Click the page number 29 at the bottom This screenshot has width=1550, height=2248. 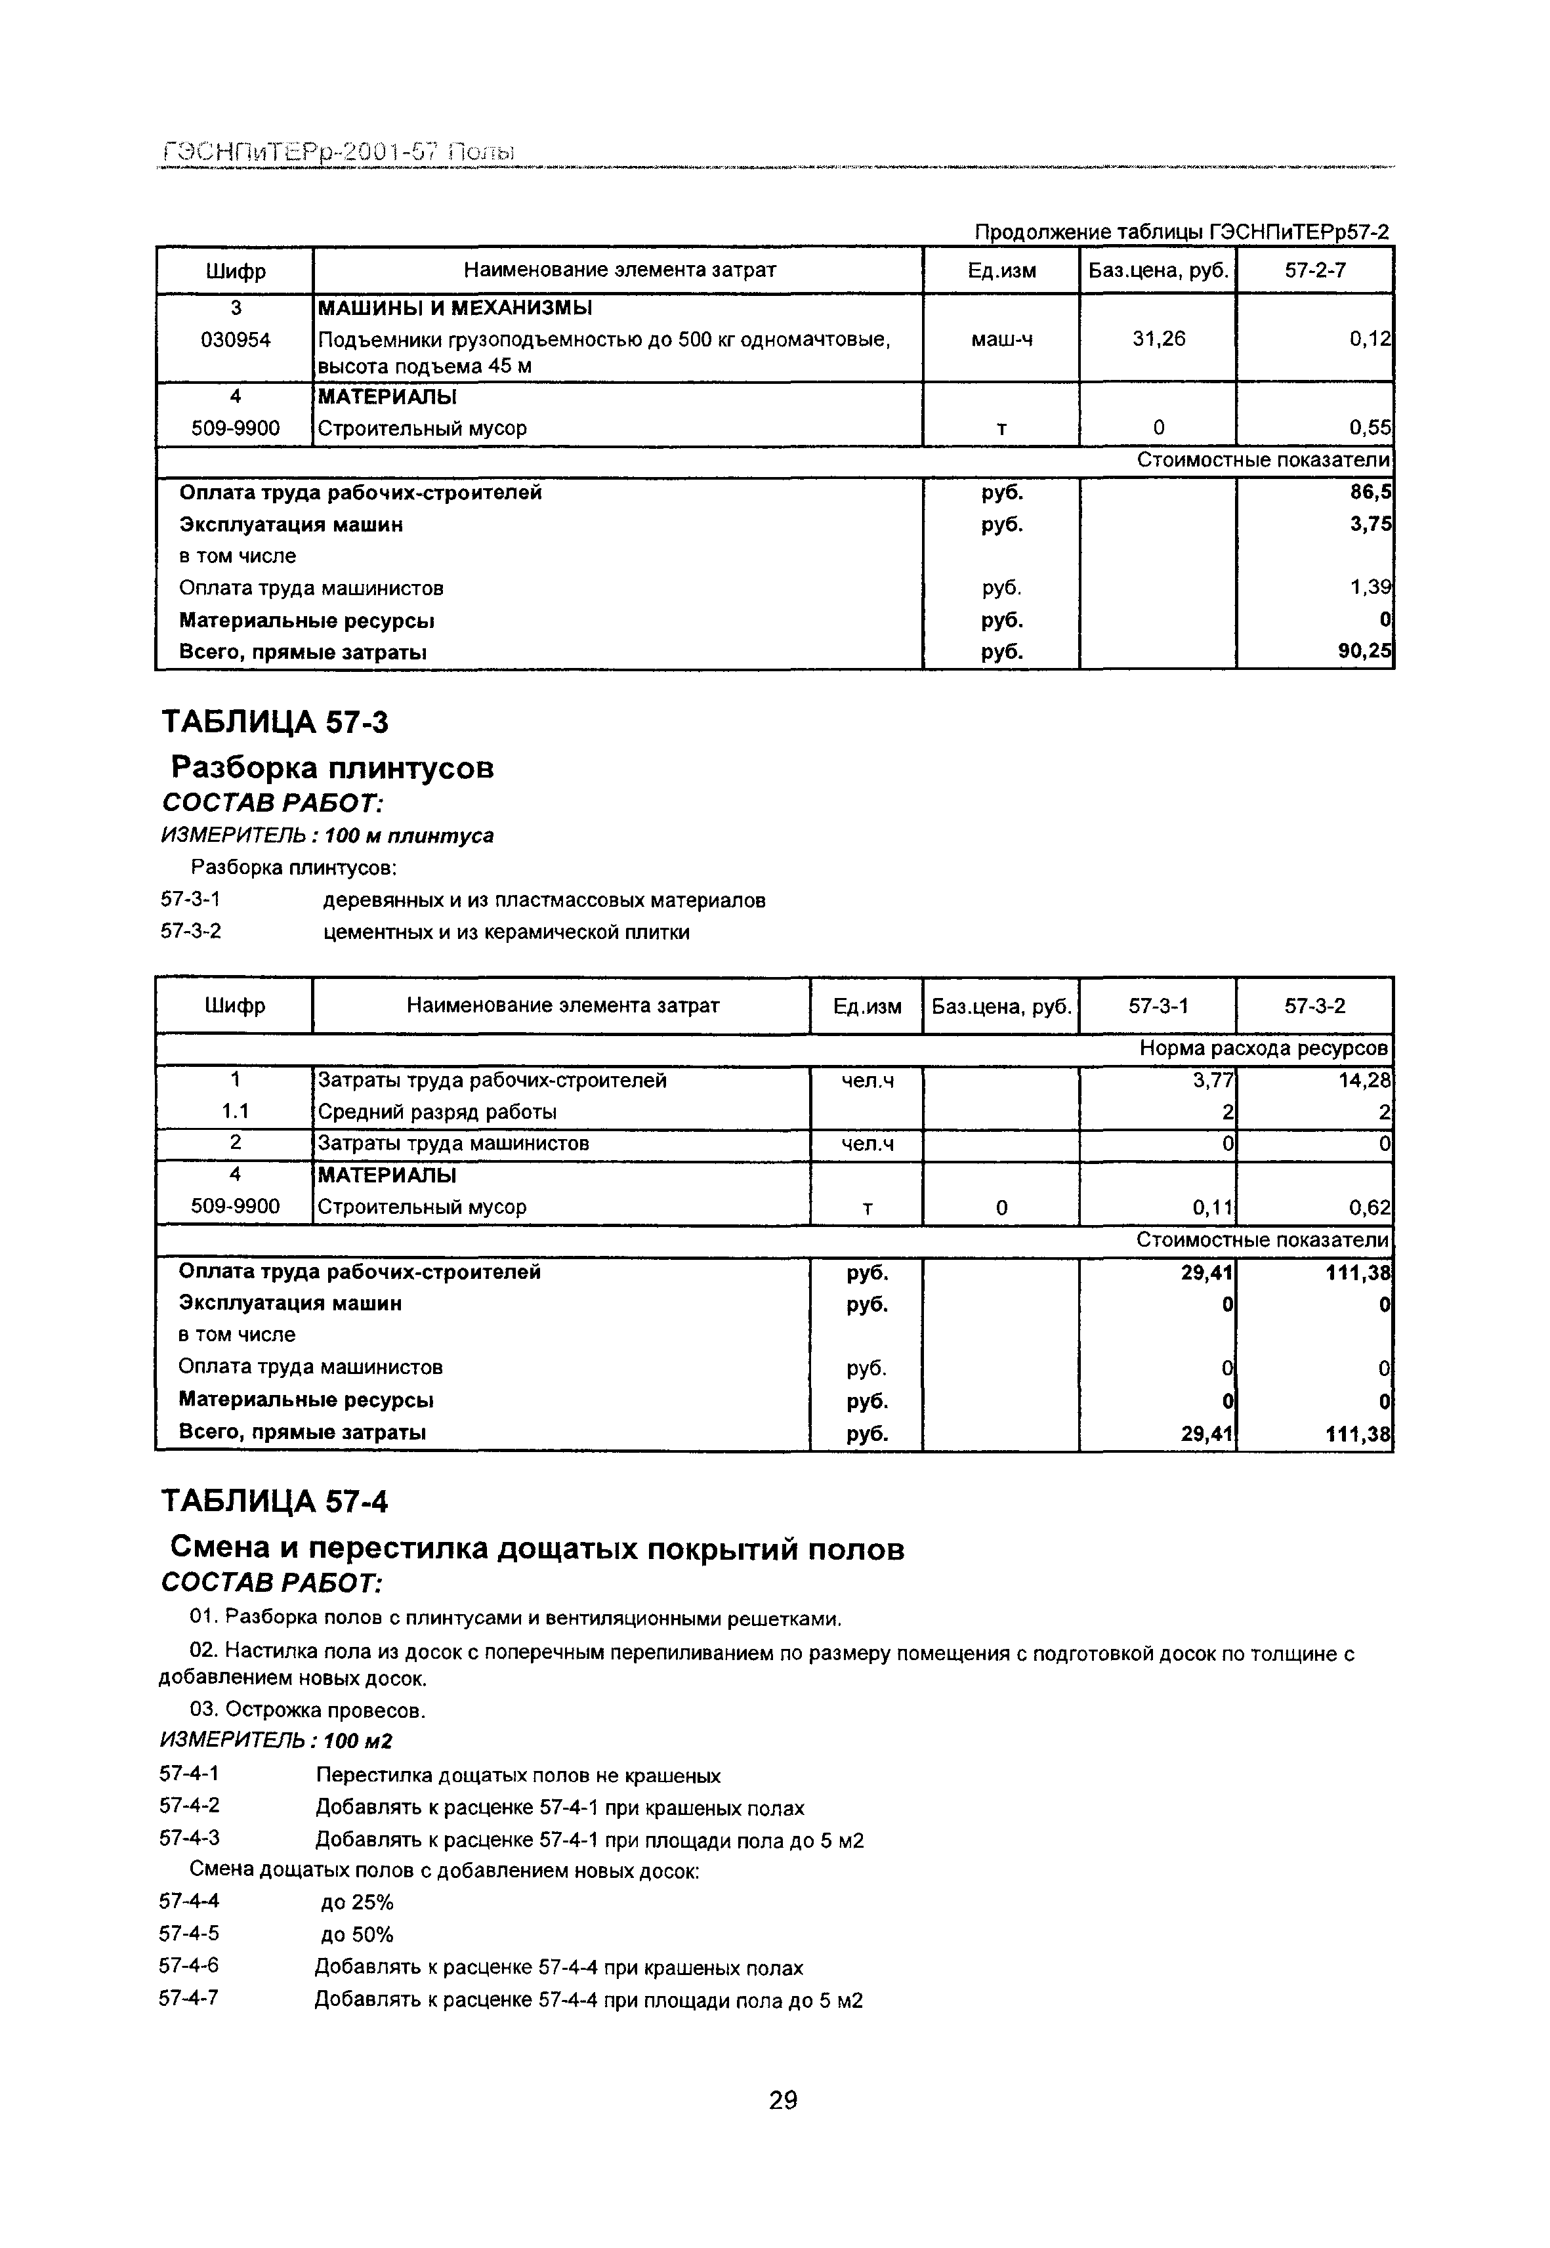783,2100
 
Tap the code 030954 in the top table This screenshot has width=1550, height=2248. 235,340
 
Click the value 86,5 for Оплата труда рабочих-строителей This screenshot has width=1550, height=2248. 1370,492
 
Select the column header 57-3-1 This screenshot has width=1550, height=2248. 1158,1006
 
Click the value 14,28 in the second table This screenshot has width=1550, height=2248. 1364,1081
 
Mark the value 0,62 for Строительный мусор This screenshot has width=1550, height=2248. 1370,1209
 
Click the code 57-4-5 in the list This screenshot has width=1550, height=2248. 190,1934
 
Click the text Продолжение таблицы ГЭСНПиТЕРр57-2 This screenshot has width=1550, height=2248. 1181,232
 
